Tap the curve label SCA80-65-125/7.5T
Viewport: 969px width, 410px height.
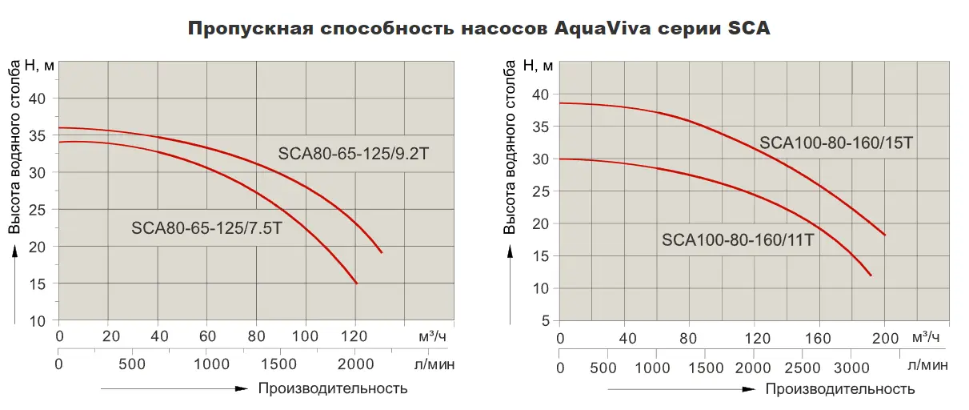tap(207, 228)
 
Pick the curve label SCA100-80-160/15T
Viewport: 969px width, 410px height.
tap(836, 143)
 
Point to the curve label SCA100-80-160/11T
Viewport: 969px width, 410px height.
tap(738, 239)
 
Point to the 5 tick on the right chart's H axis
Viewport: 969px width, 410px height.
tap(545, 321)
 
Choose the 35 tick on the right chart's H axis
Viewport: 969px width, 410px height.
tap(541, 127)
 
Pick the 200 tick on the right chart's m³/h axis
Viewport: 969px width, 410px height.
tap(885, 337)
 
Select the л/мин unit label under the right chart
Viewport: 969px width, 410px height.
tap(928, 367)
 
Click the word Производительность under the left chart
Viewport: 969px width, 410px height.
tap(333, 389)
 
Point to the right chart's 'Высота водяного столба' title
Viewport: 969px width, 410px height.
tap(510, 151)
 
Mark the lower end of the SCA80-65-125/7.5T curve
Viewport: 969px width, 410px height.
tap(356, 283)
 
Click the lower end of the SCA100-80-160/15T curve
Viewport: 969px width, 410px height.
tap(884, 235)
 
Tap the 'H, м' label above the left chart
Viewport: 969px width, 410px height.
tap(39, 65)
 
